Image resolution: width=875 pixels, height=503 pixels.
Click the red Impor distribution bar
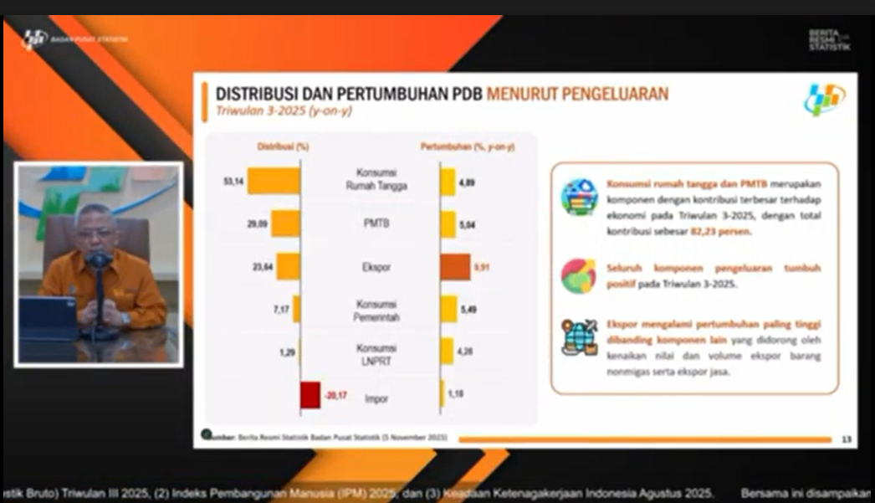click(x=310, y=394)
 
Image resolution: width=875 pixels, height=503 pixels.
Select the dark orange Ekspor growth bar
click(x=455, y=267)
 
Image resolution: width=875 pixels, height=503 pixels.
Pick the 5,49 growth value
click(x=468, y=310)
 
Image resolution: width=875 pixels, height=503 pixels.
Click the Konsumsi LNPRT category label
click(x=376, y=353)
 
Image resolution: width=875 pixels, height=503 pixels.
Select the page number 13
click(x=845, y=439)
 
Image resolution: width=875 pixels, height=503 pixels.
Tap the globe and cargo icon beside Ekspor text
click(x=579, y=337)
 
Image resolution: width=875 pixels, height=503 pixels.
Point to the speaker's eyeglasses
click(x=94, y=234)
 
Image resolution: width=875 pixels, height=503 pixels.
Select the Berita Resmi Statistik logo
click(x=829, y=39)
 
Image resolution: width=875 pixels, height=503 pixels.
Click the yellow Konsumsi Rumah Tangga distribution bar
click(x=273, y=181)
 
